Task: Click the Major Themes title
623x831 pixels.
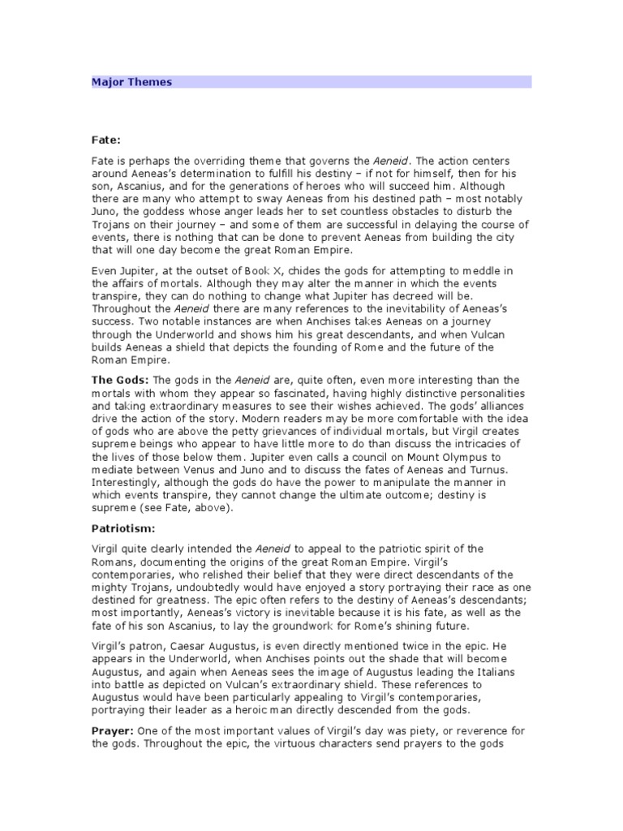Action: coord(131,82)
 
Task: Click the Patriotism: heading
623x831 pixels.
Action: coord(122,529)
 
